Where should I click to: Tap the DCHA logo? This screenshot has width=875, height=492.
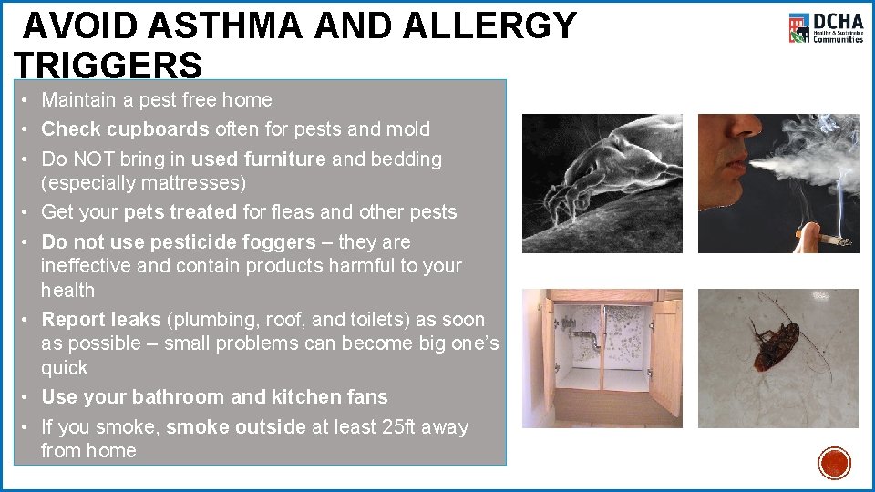point(826,28)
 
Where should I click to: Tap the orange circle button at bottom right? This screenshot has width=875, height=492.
point(834,463)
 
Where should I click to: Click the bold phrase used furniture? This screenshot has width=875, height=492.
point(258,159)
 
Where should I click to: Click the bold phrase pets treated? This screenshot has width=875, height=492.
point(180,212)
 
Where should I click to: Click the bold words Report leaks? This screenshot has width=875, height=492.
point(101,320)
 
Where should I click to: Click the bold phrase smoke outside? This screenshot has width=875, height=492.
point(236,427)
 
